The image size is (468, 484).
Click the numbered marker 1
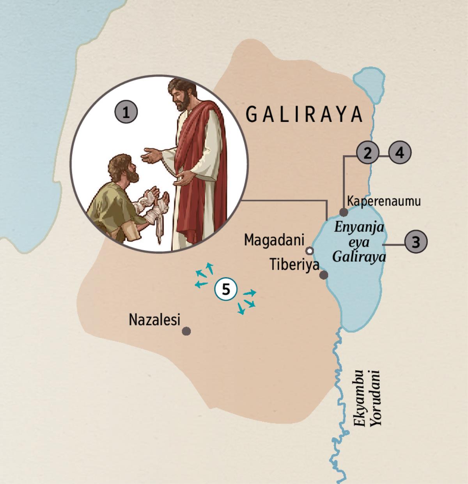click(126, 113)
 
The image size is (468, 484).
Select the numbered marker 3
click(416, 242)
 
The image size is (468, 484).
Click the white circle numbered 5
click(225, 290)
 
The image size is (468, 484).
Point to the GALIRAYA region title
click(305, 115)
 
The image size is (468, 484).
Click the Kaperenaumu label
click(384, 201)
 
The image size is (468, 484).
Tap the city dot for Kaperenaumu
click(344, 212)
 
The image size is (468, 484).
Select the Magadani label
click(274, 240)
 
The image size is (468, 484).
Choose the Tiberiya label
click(294, 265)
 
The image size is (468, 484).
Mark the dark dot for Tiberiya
click(323, 275)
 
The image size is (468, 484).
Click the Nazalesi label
click(155, 320)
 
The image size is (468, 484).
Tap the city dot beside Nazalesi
click(186, 331)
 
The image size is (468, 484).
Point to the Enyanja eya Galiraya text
click(360, 242)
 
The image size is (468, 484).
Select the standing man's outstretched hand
click(153, 156)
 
